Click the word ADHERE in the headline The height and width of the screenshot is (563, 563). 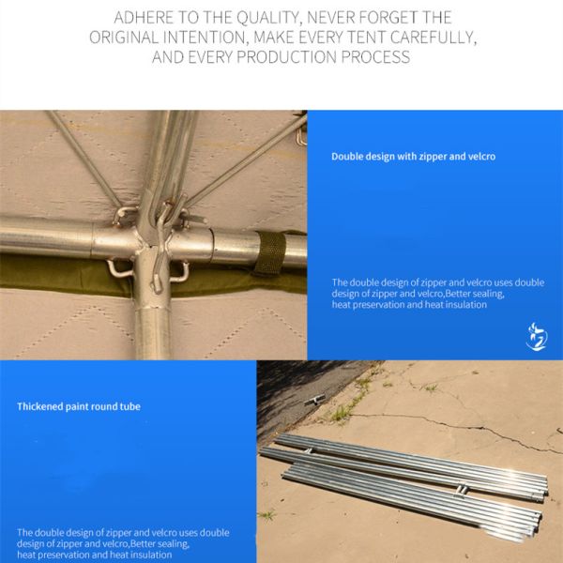(x=144, y=18)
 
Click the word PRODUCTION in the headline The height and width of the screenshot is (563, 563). (x=286, y=57)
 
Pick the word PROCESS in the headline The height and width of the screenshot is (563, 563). (x=375, y=57)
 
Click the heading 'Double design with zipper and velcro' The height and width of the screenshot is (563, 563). (x=413, y=157)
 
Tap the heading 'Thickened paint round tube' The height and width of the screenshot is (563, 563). (x=79, y=406)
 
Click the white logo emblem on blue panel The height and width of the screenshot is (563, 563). (x=537, y=337)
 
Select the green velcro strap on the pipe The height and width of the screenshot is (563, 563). (x=269, y=252)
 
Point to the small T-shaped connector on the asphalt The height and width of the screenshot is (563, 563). (x=315, y=400)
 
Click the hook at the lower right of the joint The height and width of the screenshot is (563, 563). (x=180, y=272)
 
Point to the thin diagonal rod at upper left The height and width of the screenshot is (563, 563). (x=84, y=158)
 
